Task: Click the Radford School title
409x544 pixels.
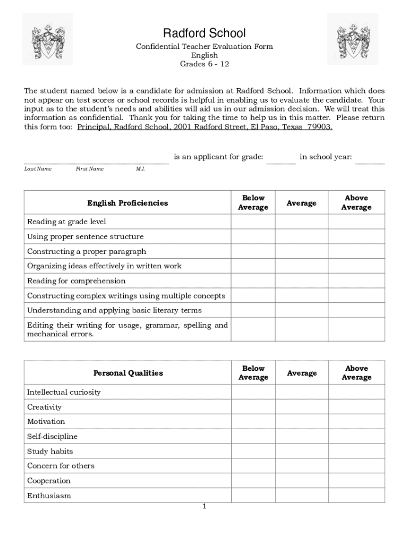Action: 204,34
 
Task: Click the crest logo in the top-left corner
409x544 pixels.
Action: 47,39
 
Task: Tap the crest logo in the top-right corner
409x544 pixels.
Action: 352,39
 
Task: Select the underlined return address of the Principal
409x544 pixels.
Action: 204,127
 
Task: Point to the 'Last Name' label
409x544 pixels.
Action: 38,169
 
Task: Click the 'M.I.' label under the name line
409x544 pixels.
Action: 140,169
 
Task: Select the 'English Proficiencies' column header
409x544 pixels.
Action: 127,203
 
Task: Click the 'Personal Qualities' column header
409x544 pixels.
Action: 128,373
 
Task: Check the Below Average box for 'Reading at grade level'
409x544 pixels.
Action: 253,222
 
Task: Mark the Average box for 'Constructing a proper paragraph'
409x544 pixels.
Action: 301,251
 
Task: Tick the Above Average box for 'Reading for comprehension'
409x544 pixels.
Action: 356,281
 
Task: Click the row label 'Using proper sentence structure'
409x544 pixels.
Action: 85,236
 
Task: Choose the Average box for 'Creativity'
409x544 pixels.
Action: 302,407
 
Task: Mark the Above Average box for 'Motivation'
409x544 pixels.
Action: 356,422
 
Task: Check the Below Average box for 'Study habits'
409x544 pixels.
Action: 253,452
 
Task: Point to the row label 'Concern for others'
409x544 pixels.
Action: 61,466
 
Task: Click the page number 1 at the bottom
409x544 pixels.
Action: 204,506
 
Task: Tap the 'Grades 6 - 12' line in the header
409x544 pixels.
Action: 204,64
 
